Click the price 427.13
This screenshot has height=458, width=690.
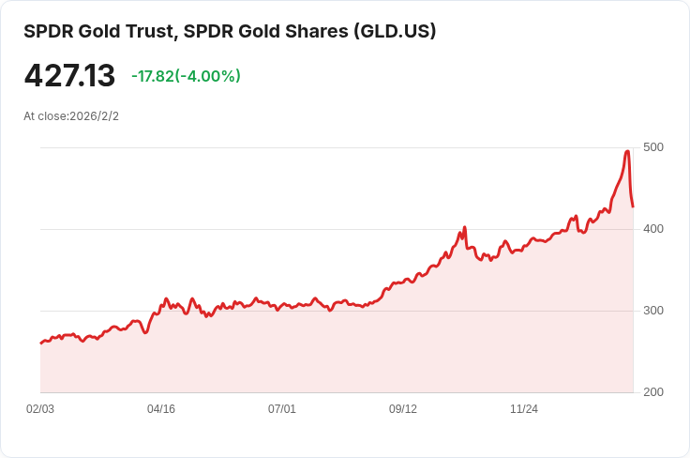coord(69,76)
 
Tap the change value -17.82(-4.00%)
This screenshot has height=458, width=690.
coord(186,76)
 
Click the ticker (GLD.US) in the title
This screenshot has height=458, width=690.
coord(394,31)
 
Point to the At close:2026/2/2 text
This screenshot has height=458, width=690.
coord(71,116)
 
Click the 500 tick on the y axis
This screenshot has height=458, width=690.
coord(653,147)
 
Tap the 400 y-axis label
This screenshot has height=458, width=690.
coord(653,229)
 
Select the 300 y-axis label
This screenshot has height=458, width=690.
coord(653,311)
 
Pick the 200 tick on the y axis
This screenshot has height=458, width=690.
coord(653,392)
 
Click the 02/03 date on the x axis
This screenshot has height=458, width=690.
coord(40,409)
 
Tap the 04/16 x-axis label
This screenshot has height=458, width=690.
coord(161,409)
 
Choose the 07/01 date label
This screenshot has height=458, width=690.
coord(282,409)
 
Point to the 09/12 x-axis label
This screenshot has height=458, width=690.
coord(403,409)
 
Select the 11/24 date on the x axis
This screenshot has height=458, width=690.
coord(524,409)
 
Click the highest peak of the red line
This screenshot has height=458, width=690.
coord(627,151)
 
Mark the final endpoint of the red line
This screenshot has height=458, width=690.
coord(633,206)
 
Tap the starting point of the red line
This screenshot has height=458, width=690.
coord(40,343)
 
